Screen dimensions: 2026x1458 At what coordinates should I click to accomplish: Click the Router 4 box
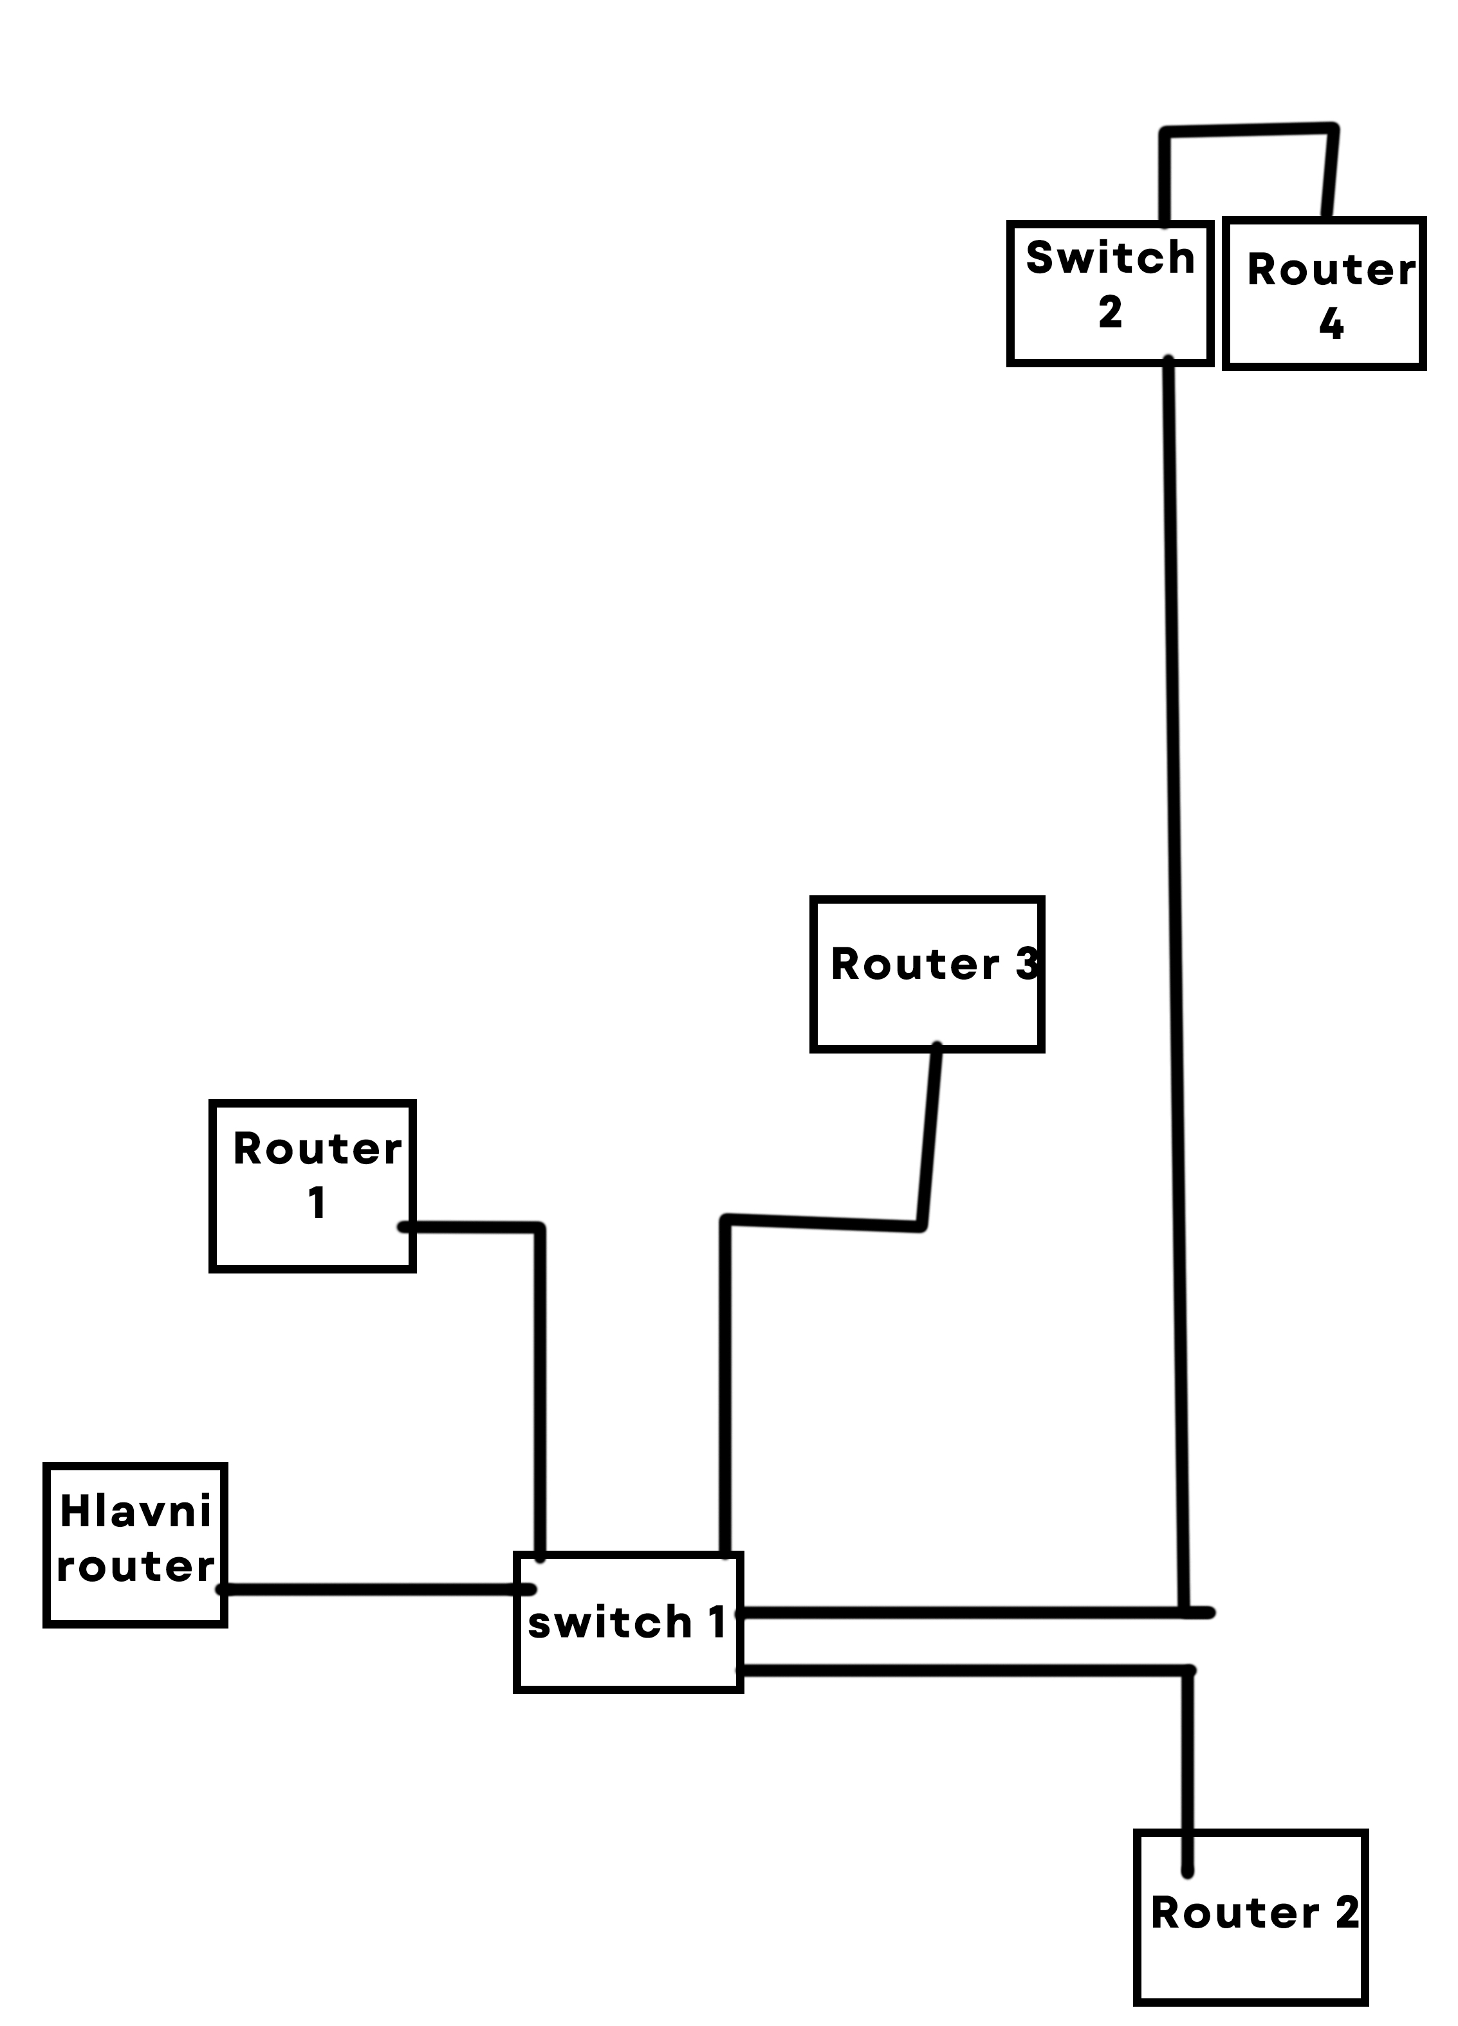[x=1324, y=293]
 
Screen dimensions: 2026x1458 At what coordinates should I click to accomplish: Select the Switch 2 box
[x=1109, y=293]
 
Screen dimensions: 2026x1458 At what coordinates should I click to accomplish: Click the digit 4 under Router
[x=1331, y=324]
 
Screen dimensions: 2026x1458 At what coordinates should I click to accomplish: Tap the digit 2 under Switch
[x=1111, y=313]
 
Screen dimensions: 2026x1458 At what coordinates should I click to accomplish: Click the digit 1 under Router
[x=317, y=1203]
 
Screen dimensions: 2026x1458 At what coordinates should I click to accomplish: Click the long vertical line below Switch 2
[x=1177, y=893]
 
